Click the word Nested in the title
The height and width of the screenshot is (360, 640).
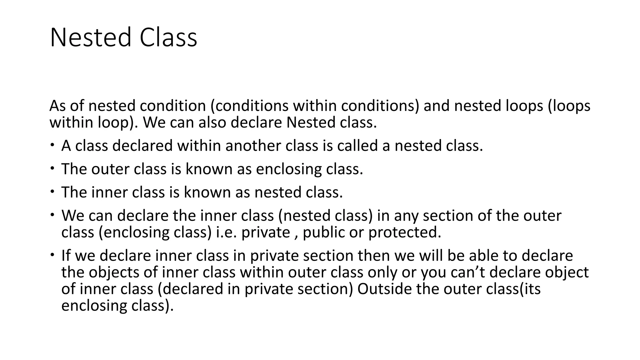coord(90,37)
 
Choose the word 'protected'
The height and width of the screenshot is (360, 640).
coord(404,232)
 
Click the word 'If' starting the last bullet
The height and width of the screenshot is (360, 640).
coord(66,256)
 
